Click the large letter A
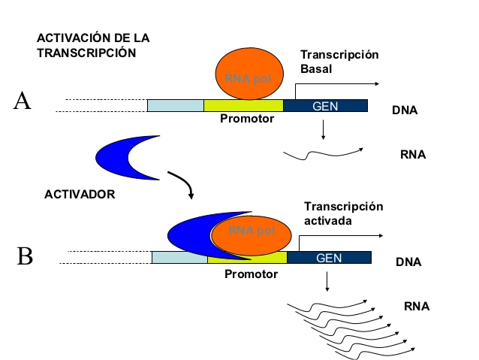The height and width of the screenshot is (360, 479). click(23, 101)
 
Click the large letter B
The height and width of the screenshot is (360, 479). click(25, 256)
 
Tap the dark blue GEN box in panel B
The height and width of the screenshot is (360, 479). click(329, 258)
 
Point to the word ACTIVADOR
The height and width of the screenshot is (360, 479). click(79, 194)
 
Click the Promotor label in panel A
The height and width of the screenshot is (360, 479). click(247, 119)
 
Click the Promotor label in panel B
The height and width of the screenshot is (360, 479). click(251, 274)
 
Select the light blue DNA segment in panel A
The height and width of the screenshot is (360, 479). click(175, 106)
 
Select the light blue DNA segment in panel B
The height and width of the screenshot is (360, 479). click(179, 258)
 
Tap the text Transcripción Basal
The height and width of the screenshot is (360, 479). click(339, 62)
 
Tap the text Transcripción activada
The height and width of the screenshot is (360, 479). click(343, 213)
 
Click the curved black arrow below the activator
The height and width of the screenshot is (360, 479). click(182, 184)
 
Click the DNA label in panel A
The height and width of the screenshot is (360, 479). click(405, 110)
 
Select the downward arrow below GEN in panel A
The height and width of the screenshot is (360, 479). click(322, 129)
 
